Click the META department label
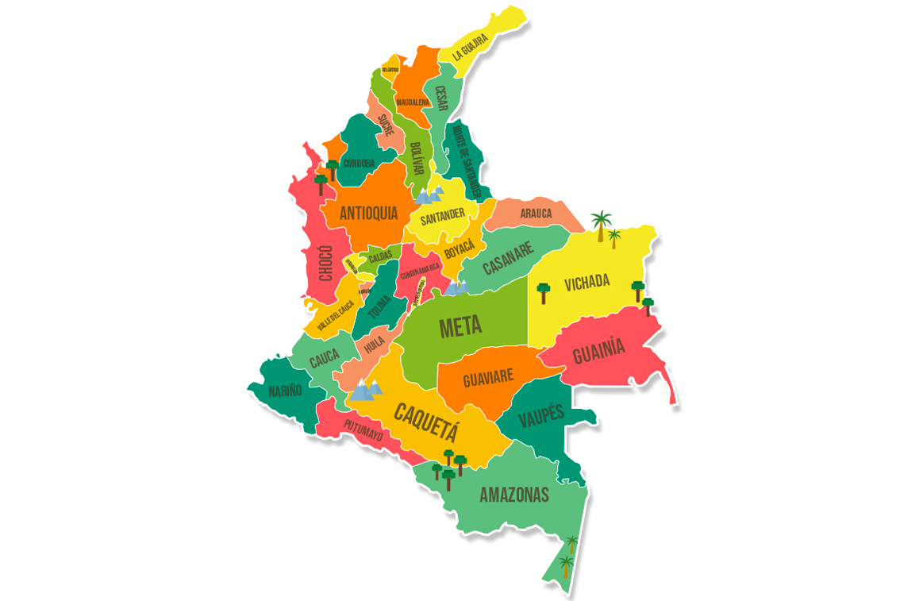tap(460, 326)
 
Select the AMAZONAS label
tap(514, 495)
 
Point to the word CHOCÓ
tap(325, 263)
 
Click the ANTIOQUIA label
tap(368, 213)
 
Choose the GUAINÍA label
tap(599, 350)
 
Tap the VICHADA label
tap(586, 282)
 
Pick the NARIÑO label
tap(285, 391)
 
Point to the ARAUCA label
tap(536, 213)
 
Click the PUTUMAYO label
tap(363, 431)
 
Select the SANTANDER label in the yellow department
tap(443, 215)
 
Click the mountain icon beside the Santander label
tap(429, 194)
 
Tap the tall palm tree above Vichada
tap(601, 223)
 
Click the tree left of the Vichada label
tap(544, 292)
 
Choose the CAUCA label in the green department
tap(324, 360)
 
